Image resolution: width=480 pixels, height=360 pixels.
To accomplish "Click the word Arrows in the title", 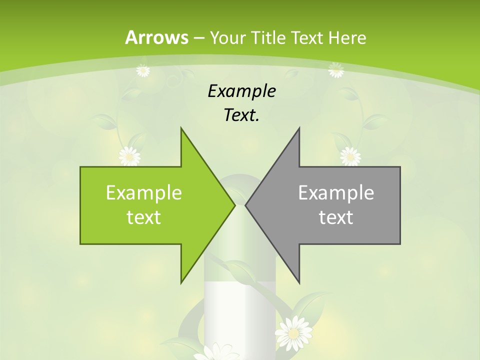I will pyautogui.click(x=156, y=37).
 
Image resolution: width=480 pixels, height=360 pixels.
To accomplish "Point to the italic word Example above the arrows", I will pyautogui.click(x=241, y=91).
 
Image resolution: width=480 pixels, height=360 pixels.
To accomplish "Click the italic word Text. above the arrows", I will pyautogui.click(x=241, y=115).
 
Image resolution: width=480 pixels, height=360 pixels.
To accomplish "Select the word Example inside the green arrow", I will pyautogui.click(x=144, y=192).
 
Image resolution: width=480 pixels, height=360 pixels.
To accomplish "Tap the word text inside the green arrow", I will pyautogui.click(x=144, y=217).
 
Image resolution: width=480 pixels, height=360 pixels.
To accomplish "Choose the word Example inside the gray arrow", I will pyautogui.click(x=336, y=192).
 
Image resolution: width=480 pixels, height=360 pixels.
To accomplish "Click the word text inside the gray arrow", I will pyautogui.click(x=336, y=217).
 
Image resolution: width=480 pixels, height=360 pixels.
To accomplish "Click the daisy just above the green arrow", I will pyautogui.click(x=129, y=156).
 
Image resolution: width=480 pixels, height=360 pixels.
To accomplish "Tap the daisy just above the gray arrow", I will pyautogui.click(x=350, y=156).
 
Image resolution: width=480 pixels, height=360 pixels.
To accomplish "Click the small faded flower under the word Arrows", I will pyautogui.click(x=143, y=70).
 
